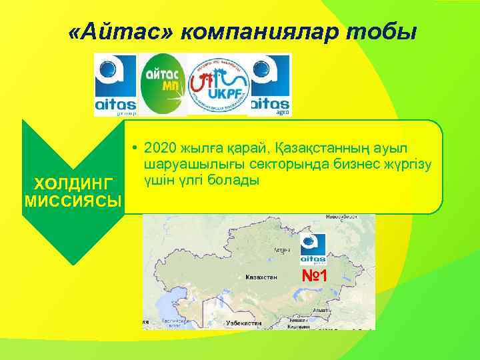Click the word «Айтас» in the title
pos(119,31)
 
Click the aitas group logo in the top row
pos(115,85)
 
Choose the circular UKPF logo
pos(218,85)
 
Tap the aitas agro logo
pos(270,85)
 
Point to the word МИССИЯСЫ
pos(73,201)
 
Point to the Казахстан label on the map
pos(261,276)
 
